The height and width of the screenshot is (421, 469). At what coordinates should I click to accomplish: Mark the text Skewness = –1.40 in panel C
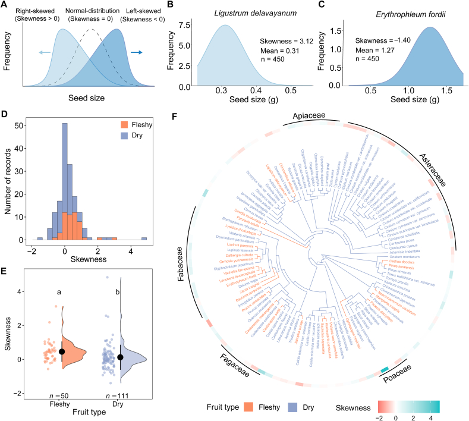coord(382,40)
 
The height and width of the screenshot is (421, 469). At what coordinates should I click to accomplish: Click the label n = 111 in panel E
coord(111,396)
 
